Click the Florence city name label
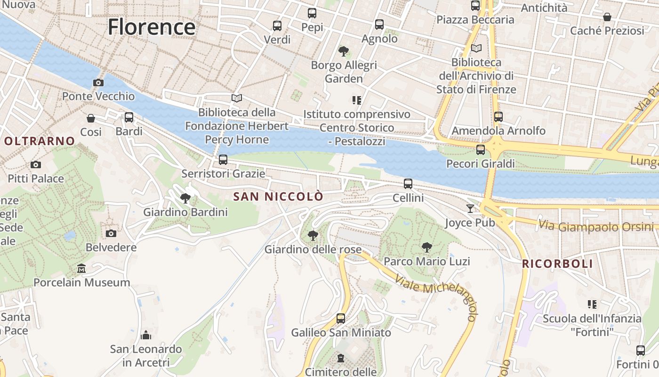click(151, 27)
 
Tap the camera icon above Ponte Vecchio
click(98, 83)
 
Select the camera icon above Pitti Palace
click(35, 164)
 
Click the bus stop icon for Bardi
click(129, 117)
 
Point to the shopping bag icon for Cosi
click(90, 118)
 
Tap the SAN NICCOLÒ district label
click(279, 197)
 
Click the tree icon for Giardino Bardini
click(185, 198)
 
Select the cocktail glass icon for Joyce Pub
click(470, 208)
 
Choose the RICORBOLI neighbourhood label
click(558, 264)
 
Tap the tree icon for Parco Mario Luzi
click(427, 247)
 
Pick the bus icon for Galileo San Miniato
click(341, 319)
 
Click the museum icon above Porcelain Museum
click(81, 269)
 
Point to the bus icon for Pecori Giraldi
click(480, 150)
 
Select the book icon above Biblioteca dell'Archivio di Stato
click(476, 48)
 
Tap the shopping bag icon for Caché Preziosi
click(607, 17)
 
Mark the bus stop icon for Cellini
click(408, 184)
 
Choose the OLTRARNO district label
click(40, 141)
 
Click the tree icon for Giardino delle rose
click(313, 235)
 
